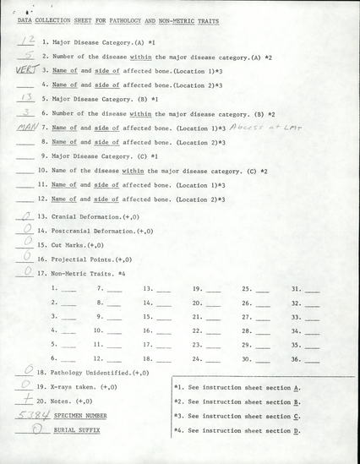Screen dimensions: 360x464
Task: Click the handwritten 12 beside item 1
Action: pos(26,39)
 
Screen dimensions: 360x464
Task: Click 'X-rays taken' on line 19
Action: pos(73,386)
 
